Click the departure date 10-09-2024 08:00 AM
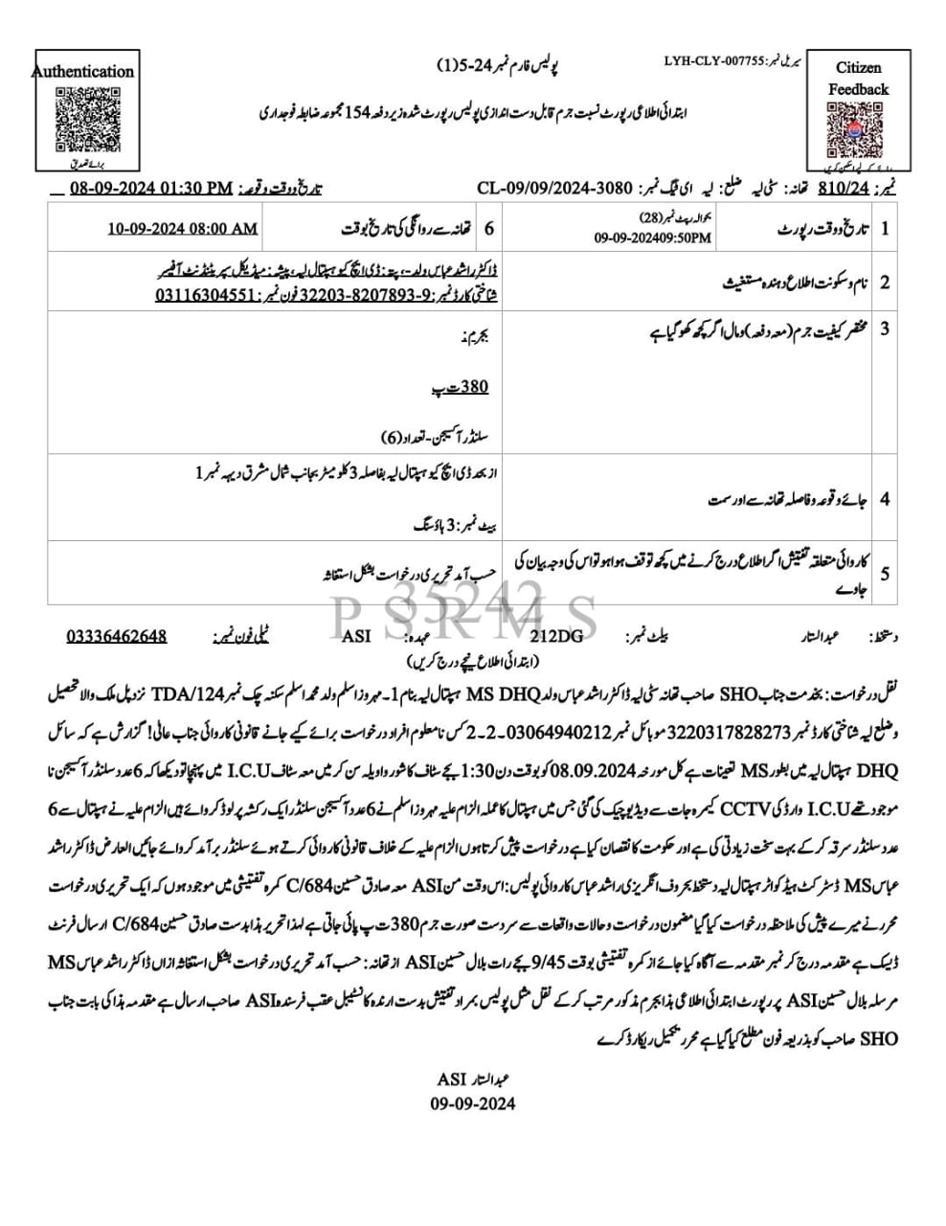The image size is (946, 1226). pos(182,229)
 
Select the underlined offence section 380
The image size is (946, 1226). pos(475,388)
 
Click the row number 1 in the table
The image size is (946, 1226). pos(885,229)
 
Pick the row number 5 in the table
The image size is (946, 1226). pos(885,574)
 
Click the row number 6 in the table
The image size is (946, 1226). pos(488,229)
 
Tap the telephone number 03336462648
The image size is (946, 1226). pos(117,636)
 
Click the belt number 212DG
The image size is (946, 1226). pos(556,636)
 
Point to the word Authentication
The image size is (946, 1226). pos(83,71)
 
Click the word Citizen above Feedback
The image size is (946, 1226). pos(858,68)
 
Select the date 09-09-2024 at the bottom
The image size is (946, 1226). pos(472,1102)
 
